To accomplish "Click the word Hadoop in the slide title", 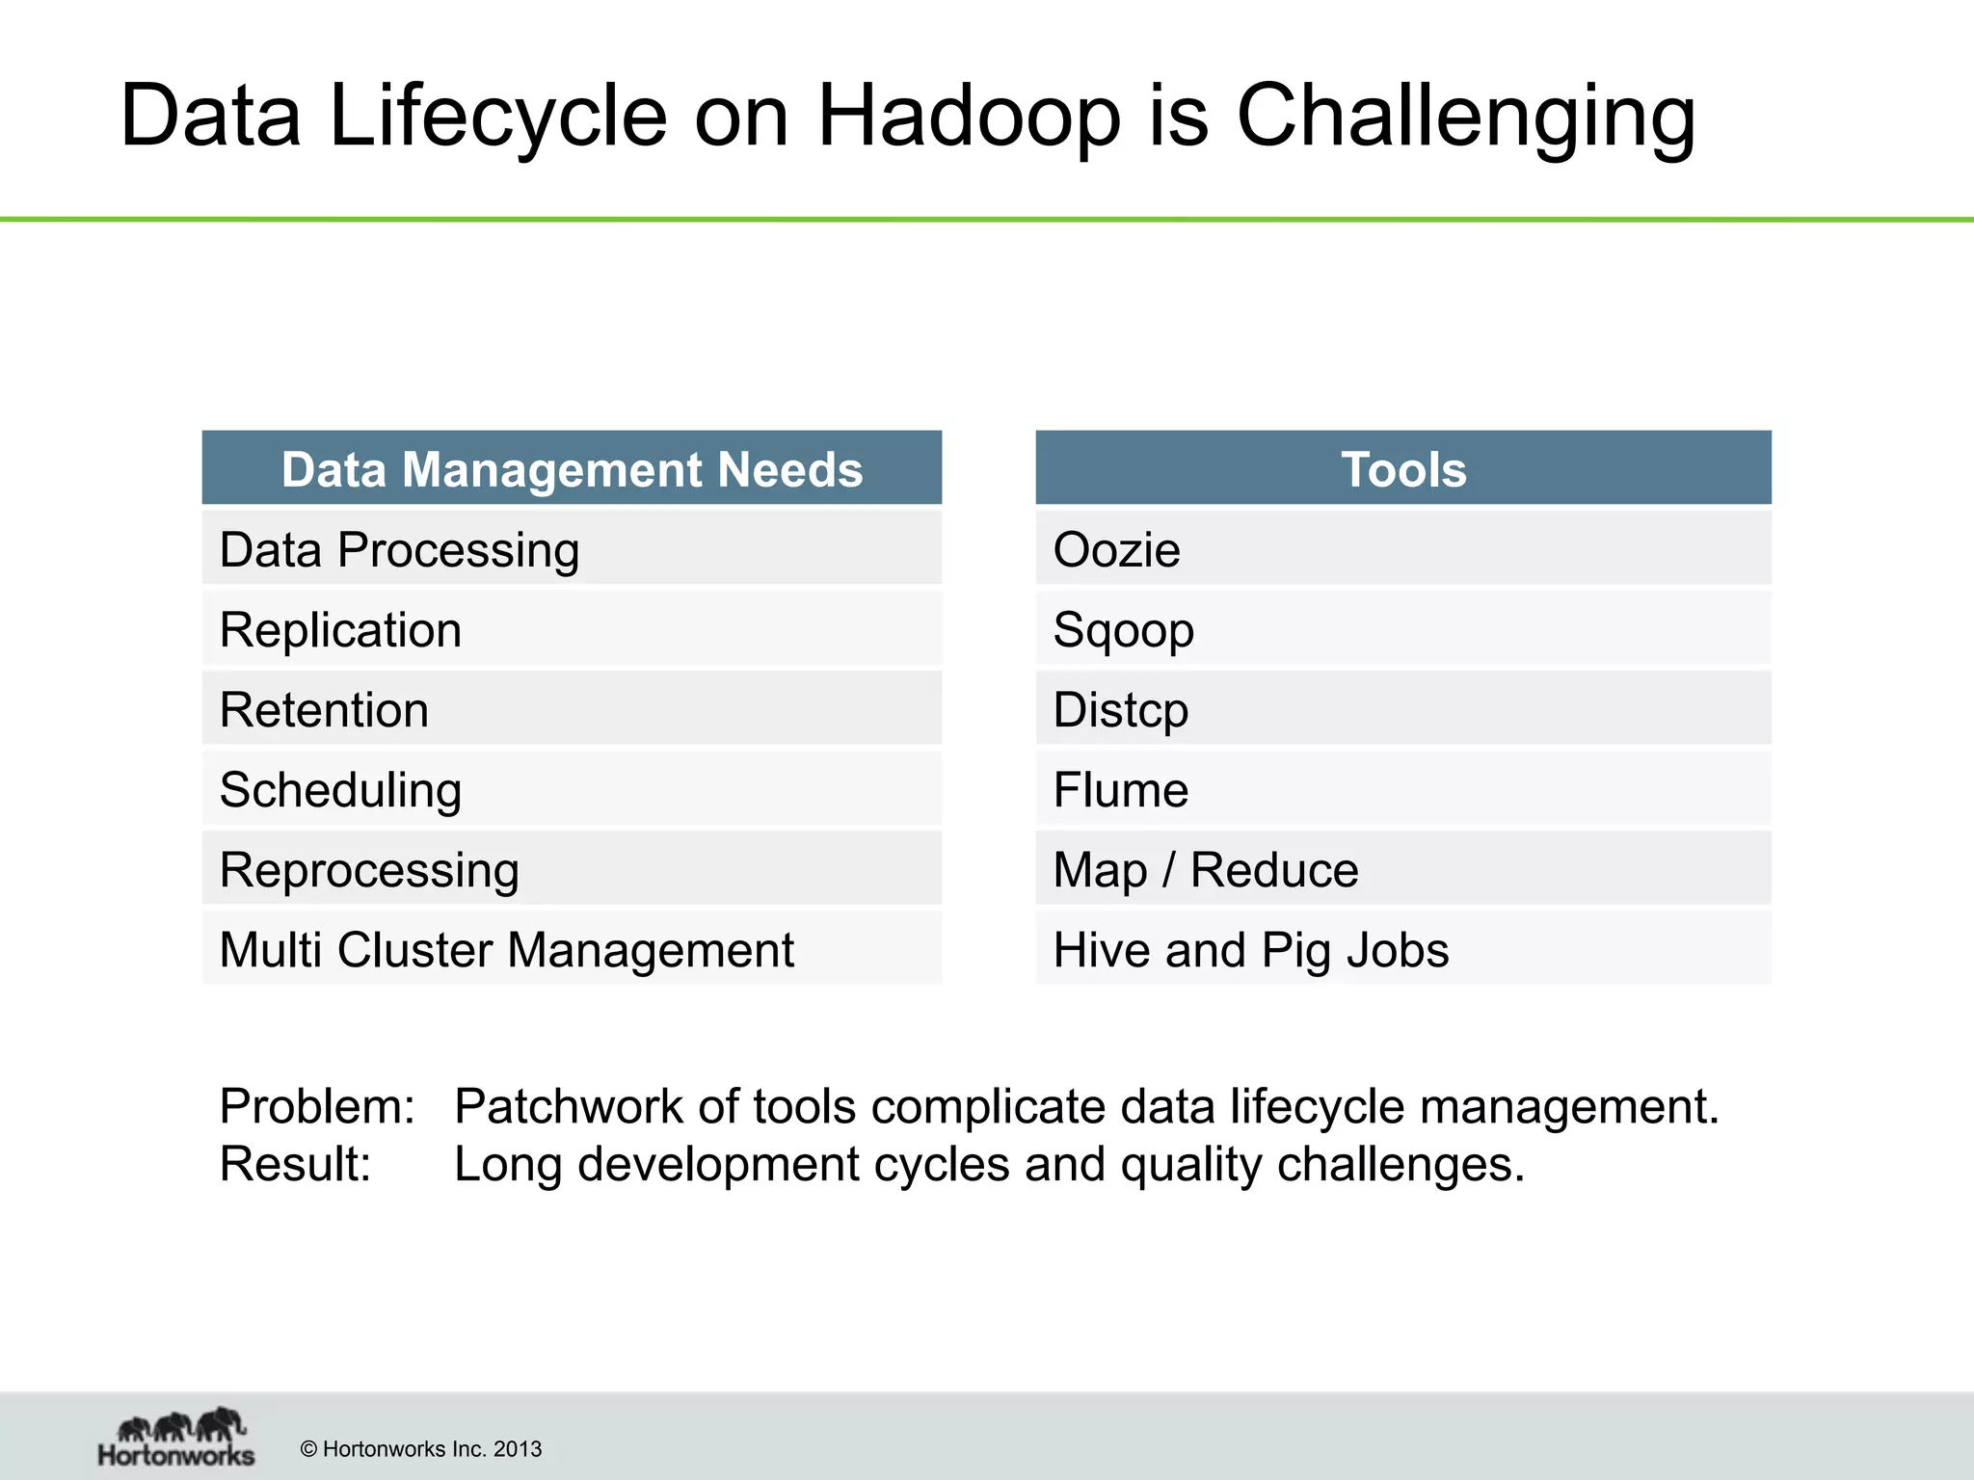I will point(969,118).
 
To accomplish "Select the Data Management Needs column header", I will point(572,469).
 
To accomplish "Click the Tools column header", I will point(1403,469).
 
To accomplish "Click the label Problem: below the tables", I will point(317,1106).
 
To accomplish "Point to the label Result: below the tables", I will point(295,1164).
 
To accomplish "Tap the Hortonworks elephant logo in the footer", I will point(177,1437).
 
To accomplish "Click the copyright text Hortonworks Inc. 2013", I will point(421,1449).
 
